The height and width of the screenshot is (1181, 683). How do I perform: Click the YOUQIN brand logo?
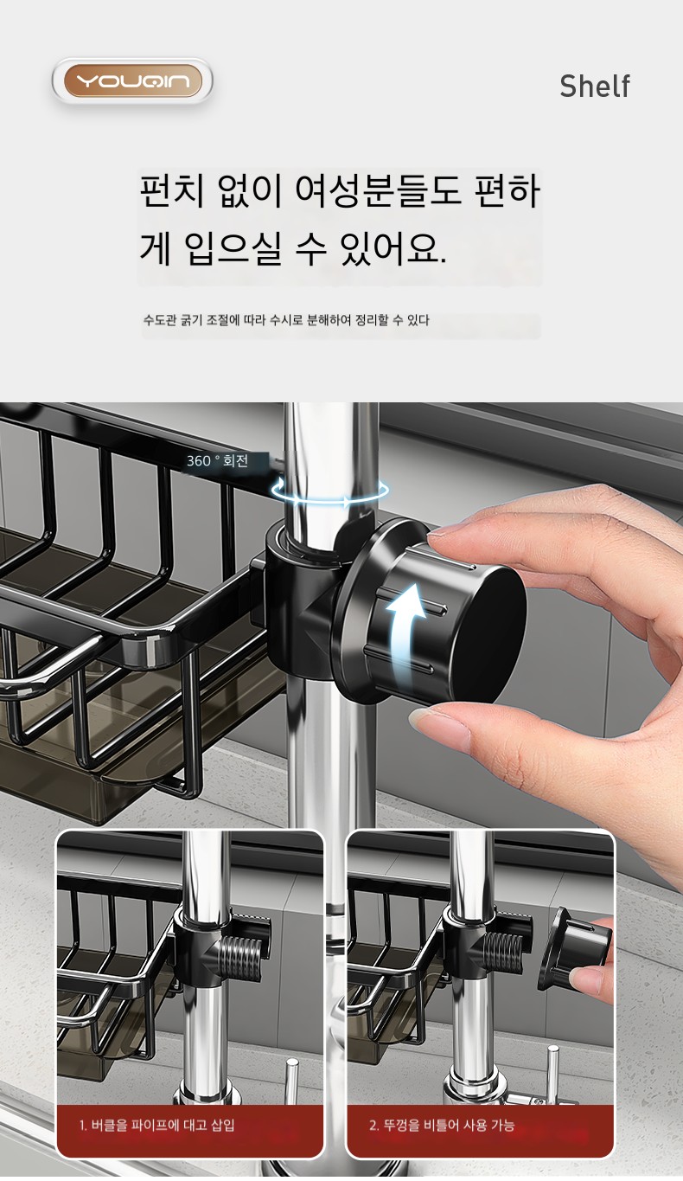(132, 81)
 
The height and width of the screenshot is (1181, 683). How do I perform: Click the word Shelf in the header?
(595, 86)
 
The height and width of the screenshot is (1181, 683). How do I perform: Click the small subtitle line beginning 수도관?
(286, 320)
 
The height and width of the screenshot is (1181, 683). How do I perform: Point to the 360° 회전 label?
(217, 461)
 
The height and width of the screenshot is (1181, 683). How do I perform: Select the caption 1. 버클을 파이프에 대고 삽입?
(157, 1125)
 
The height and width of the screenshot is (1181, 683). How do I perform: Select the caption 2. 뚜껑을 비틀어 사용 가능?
(442, 1125)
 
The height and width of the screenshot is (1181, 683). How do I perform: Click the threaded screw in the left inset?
(241, 953)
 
